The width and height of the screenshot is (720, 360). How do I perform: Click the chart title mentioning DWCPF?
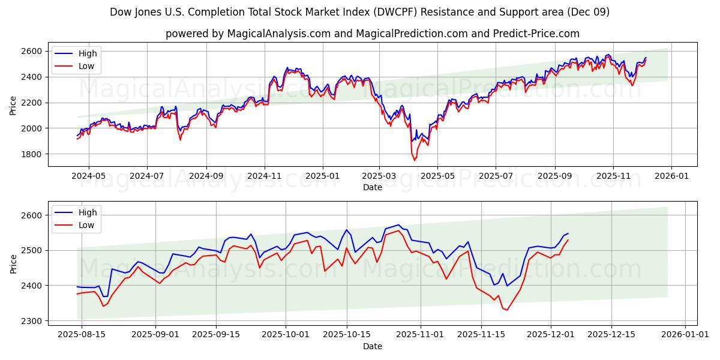(360, 12)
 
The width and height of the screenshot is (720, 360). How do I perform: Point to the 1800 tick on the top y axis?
(34, 154)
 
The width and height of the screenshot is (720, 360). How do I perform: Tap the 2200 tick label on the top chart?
(34, 103)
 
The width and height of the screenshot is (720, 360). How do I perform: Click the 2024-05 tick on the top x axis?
(88, 176)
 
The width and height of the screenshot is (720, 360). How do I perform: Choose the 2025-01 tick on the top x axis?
(322, 176)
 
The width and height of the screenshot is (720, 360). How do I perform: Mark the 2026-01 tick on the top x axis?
(671, 176)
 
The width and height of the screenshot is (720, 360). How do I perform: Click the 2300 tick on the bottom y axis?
(34, 321)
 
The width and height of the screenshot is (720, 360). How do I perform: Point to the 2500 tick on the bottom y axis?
(34, 250)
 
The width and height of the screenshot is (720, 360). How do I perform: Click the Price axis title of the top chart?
(13, 105)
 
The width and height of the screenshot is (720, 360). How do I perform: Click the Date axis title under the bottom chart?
(372, 346)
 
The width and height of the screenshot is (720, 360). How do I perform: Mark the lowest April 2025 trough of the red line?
(414, 160)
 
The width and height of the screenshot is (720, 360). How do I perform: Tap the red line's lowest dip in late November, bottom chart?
(507, 310)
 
